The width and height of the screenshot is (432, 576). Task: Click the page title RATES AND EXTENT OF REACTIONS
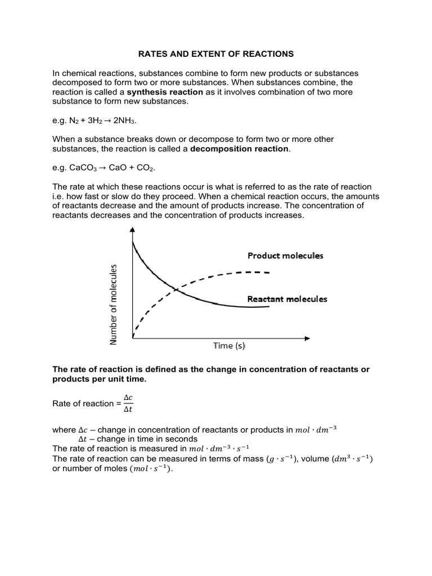pyautogui.click(x=216, y=54)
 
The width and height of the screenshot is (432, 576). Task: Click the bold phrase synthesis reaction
pyautogui.click(x=164, y=92)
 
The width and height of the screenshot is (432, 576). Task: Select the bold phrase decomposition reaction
pyautogui.click(x=240, y=148)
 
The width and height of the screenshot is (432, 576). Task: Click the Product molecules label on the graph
pyautogui.click(x=285, y=255)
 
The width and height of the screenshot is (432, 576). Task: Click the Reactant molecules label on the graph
pyautogui.click(x=287, y=299)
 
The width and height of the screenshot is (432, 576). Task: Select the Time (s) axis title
pyautogui.click(x=229, y=345)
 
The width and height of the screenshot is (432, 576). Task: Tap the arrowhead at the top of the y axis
pyautogui.click(x=132, y=229)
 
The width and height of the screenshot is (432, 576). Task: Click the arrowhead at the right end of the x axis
pyautogui.click(x=307, y=339)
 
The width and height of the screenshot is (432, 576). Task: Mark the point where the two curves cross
pyautogui.click(x=177, y=290)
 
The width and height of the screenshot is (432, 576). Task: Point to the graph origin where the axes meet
pyautogui.click(x=133, y=339)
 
